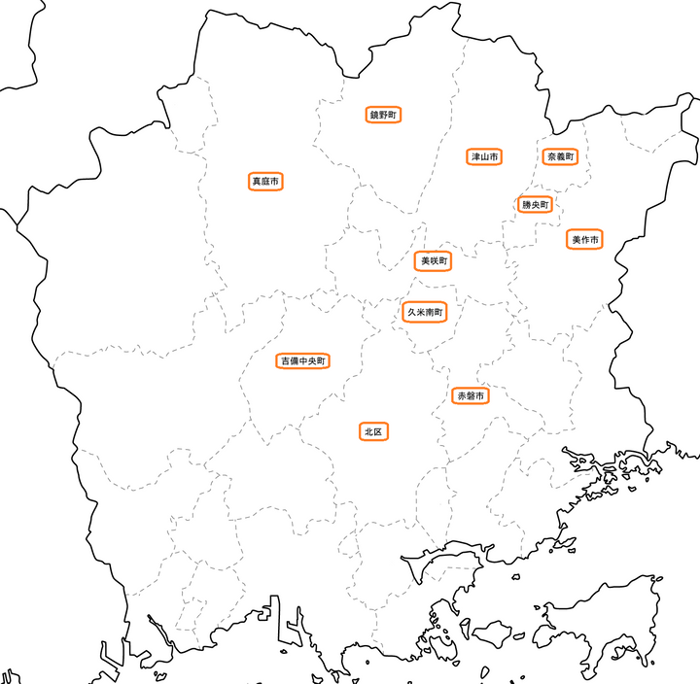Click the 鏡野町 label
384,115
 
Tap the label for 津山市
484,156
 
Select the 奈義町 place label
560,156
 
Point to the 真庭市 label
265,182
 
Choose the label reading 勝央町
535,205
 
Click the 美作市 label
585,239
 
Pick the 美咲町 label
434,261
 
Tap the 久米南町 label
425,312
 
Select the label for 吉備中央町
304,361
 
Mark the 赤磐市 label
471,396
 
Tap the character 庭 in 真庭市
265,182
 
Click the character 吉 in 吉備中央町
285,361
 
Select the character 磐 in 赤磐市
471,396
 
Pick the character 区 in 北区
379,430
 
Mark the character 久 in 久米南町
411,312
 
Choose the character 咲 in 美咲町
434,261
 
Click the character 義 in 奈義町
560,156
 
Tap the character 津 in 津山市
475,156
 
